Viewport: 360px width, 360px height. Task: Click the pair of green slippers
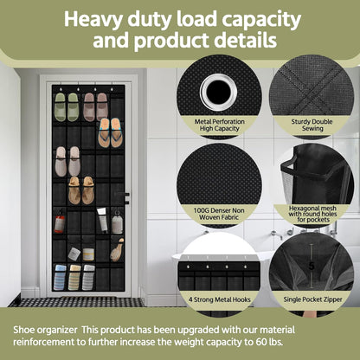67,106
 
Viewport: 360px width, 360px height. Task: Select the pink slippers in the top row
95,106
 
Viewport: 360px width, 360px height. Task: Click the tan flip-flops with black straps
109,133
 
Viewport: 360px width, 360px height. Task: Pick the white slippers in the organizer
67,161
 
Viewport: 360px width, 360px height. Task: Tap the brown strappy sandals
81,190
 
